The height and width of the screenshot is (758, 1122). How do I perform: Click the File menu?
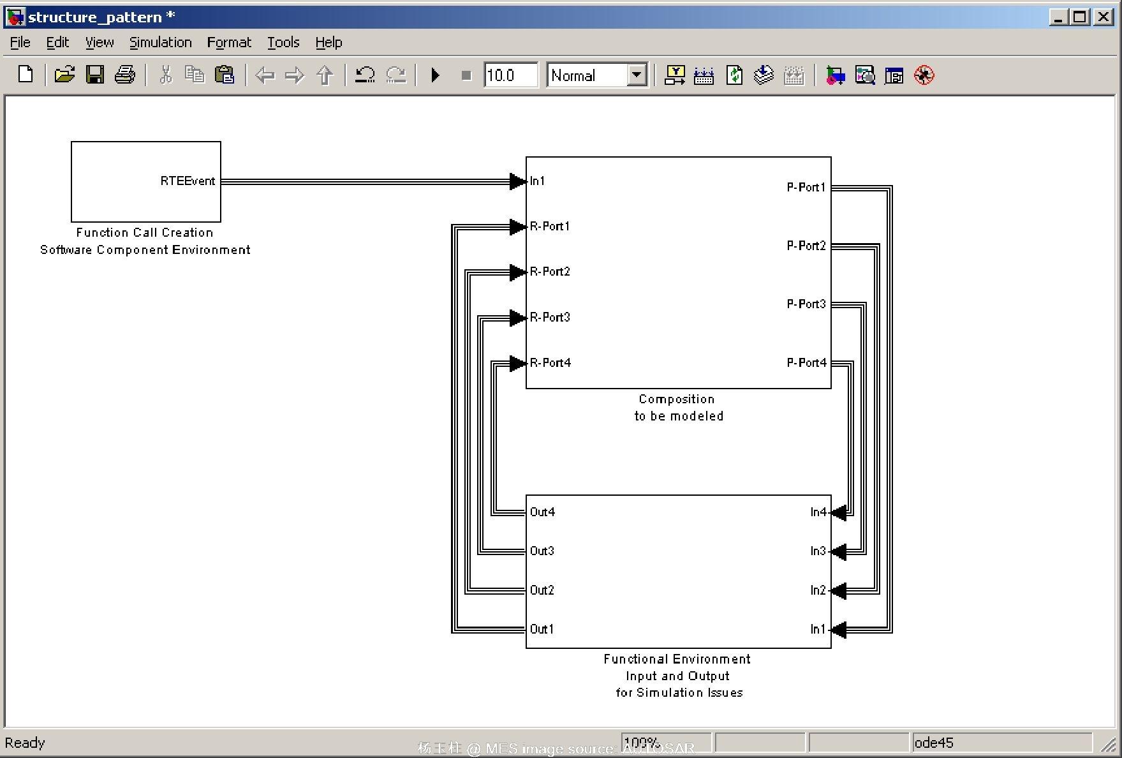[x=20, y=43]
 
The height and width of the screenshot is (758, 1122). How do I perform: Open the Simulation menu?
[x=160, y=43]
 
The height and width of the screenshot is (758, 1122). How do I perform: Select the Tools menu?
[x=283, y=43]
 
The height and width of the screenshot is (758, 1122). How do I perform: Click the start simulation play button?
[x=436, y=75]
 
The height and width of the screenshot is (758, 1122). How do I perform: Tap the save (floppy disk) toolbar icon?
[x=95, y=75]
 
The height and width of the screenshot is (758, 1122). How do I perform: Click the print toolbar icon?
[x=124, y=75]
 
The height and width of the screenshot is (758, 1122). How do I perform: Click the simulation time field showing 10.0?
[x=510, y=75]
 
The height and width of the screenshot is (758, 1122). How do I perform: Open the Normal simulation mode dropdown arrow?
[x=636, y=75]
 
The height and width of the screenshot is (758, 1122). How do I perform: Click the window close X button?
[x=1103, y=17]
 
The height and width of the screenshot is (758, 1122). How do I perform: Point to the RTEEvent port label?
[x=188, y=181]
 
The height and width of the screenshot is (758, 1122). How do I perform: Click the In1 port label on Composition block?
[x=538, y=181]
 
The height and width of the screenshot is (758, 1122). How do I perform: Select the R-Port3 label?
[x=550, y=317]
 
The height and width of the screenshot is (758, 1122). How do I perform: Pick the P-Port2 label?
[x=806, y=246]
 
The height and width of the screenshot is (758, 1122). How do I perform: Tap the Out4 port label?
[x=542, y=512]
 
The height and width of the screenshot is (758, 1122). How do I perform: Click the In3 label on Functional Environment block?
[x=818, y=551]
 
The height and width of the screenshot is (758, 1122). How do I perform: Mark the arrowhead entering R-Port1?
[x=518, y=227]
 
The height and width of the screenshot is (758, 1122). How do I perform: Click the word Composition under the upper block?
[x=676, y=399]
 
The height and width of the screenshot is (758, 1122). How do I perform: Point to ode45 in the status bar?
[x=934, y=743]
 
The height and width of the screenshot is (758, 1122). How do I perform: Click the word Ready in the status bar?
[x=25, y=743]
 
